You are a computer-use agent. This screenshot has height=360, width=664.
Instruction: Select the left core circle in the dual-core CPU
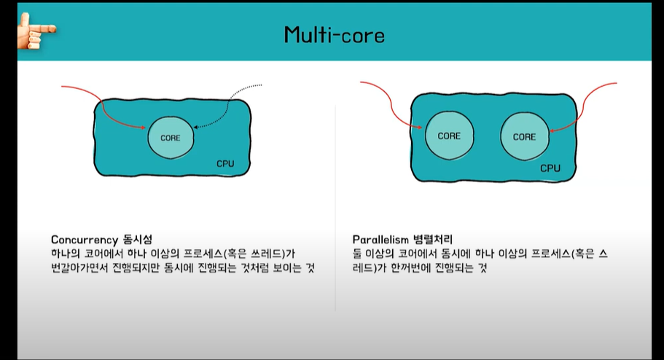pos(449,136)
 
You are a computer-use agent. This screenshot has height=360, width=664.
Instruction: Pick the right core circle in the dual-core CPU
pos(524,136)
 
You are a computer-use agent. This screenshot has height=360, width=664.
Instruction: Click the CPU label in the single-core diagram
pos(225,163)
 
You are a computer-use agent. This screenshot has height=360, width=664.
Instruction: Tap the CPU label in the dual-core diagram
pos(550,168)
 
